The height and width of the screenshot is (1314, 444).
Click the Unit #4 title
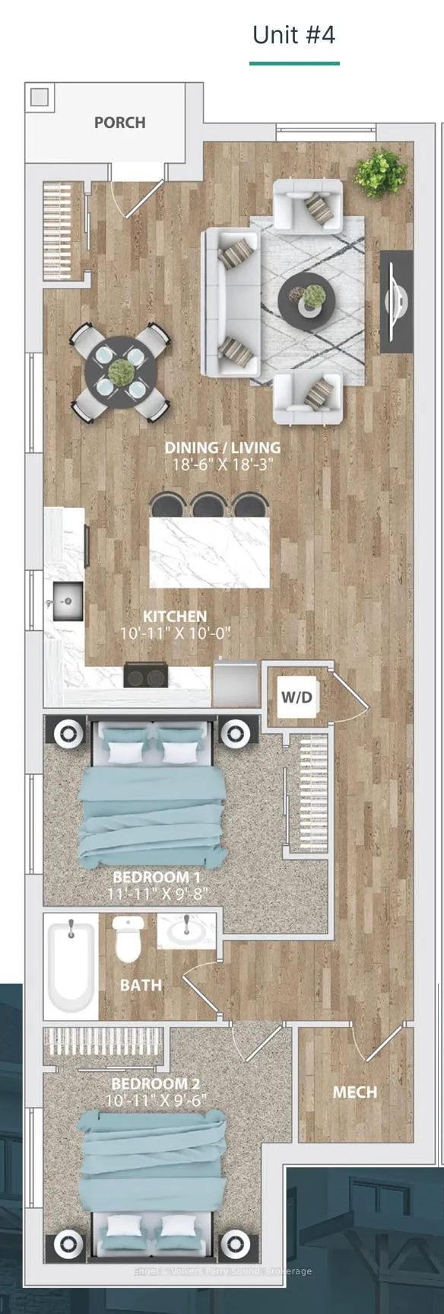click(x=293, y=35)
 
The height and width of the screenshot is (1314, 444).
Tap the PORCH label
click(x=119, y=123)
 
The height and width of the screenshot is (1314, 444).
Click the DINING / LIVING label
click(x=222, y=448)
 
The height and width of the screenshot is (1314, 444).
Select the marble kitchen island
click(x=210, y=552)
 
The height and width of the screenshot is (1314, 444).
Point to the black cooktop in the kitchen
click(x=147, y=675)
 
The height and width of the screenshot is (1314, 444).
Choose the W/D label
click(x=296, y=697)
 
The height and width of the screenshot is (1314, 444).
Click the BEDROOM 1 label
click(x=157, y=878)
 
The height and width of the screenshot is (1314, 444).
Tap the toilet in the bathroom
click(x=128, y=939)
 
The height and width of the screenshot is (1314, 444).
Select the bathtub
click(x=71, y=965)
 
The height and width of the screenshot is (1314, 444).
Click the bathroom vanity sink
click(x=187, y=931)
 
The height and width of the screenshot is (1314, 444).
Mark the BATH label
click(x=141, y=985)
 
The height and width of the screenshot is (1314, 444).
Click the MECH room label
click(x=354, y=1092)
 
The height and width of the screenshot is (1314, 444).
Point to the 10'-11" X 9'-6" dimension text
click(x=155, y=1100)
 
